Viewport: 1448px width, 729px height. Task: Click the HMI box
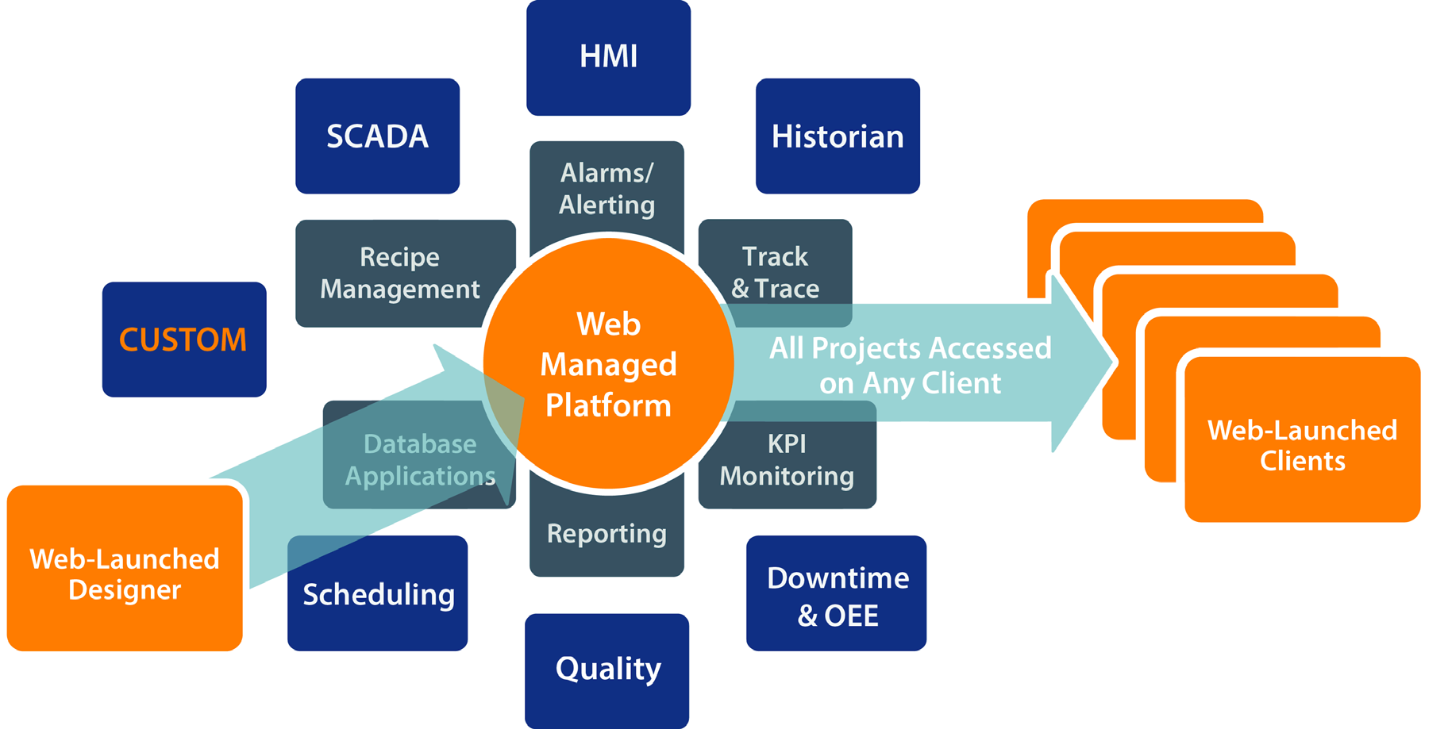[x=608, y=57]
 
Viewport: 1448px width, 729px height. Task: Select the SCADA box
[x=377, y=136]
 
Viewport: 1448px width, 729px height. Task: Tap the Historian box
[x=838, y=136]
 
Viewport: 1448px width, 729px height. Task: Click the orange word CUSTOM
[x=183, y=340]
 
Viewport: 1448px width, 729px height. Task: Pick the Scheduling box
[x=378, y=594]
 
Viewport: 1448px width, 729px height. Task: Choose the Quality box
[x=607, y=669]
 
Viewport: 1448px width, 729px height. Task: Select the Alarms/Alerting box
[x=607, y=189]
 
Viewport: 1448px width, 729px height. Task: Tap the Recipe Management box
[x=399, y=273]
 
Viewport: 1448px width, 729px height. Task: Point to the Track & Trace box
[x=775, y=272]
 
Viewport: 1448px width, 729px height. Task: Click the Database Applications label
[x=420, y=460]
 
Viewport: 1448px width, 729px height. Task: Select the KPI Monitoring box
[x=787, y=459]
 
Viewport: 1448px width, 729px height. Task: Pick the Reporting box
[x=607, y=534]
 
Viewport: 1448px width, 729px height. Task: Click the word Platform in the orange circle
[x=608, y=406]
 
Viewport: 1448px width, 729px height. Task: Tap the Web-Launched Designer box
[x=125, y=574]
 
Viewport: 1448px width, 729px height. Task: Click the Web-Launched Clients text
[x=1302, y=446]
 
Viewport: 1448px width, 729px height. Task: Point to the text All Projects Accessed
[x=910, y=348]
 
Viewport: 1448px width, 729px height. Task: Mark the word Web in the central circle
[x=608, y=324]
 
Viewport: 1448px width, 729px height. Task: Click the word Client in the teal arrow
[x=962, y=384]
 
